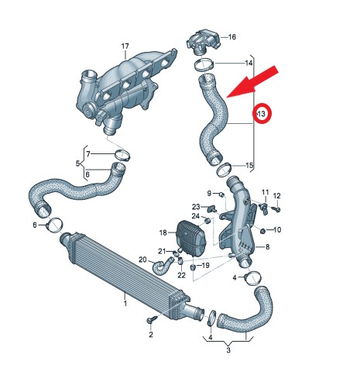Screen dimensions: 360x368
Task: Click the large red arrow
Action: click(x=252, y=83)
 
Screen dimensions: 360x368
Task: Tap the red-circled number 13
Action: click(x=262, y=114)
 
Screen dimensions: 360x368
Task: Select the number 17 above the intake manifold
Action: click(x=125, y=46)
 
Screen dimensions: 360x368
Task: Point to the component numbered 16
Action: click(x=204, y=42)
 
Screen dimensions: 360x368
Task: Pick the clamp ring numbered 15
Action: click(x=223, y=170)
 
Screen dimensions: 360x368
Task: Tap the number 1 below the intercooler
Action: click(x=125, y=303)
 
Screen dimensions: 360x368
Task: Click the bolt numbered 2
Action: click(x=151, y=320)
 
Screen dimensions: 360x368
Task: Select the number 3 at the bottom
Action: click(x=228, y=350)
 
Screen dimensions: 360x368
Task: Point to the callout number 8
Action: click(x=268, y=247)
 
